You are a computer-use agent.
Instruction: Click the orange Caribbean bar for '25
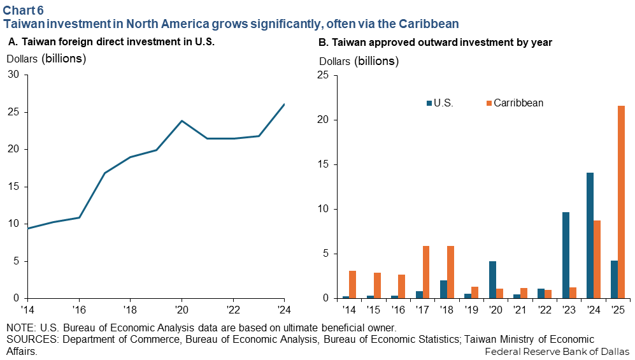(x=622, y=202)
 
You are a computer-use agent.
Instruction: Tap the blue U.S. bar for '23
(x=566, y=255)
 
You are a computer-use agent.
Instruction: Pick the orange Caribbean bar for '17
(x=426, y=272)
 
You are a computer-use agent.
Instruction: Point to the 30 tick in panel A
(x=13, y=75)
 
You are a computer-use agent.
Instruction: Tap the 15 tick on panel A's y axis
(x=13, y=187)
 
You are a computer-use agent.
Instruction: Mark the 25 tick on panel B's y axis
(x=322, y=75)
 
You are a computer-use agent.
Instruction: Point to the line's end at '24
(x=284, y=104)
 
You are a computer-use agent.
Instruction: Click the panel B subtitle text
(x=434, y=42)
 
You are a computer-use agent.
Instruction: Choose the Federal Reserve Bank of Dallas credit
(x=557, y=351)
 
